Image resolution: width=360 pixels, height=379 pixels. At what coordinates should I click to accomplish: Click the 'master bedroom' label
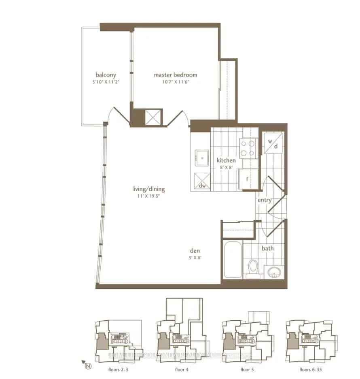coord(175,75)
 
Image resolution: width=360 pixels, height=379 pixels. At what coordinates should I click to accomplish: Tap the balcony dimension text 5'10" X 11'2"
coord(106,81)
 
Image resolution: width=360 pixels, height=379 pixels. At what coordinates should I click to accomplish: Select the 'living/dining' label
coord(148,189)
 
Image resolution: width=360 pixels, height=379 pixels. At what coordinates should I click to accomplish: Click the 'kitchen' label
coord(226,160)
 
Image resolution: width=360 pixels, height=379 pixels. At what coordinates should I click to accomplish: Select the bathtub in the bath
coord(233,260)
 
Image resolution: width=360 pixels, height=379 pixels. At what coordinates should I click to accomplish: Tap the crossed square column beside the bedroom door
coord(153,117)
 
